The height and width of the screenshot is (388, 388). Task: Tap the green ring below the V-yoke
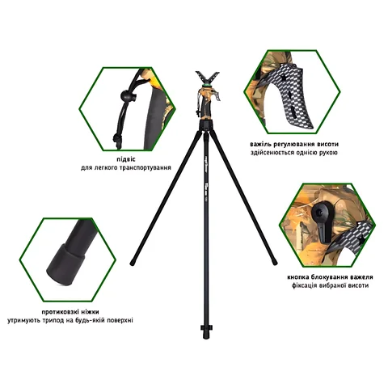[207, 86]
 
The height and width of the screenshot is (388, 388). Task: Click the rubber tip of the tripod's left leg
[133, 262]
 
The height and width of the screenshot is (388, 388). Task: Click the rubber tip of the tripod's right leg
[274, 262]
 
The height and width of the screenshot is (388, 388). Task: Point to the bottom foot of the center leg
[206, 332]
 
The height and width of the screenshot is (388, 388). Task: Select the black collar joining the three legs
[207, 125]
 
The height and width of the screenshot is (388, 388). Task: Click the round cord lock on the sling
[126, 95]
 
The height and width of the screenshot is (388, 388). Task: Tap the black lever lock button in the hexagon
[322, 221]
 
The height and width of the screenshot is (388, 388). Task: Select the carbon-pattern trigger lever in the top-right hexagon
[293, 95]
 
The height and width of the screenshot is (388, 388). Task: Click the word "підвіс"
[126, 159]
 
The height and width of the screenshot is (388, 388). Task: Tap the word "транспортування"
[145, 168]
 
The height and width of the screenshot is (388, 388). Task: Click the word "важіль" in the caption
[260, 145]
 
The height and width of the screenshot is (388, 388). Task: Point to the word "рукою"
[327, 153]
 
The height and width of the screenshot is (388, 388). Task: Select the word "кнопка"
[298, 277]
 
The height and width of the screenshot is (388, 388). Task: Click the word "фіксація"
[306, 285]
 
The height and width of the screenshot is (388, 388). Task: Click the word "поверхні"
[120, 321]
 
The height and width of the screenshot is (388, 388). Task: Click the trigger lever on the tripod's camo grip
[217, 96]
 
